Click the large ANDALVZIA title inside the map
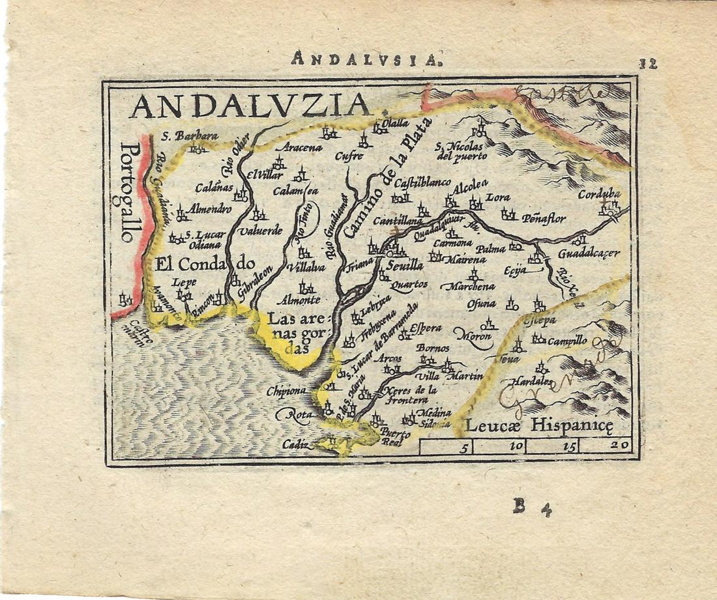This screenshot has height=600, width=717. click(250, 106)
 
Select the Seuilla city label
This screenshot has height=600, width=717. click(404, 266)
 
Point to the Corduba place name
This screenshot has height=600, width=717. click(599, 195)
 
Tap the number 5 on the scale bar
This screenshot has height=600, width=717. click(464, 448)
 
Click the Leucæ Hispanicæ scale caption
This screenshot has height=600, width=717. click(539, 427)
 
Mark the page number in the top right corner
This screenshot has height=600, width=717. click(647, 64)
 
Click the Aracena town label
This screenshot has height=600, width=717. click(301, 149)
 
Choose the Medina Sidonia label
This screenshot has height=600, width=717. click(434, 418)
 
